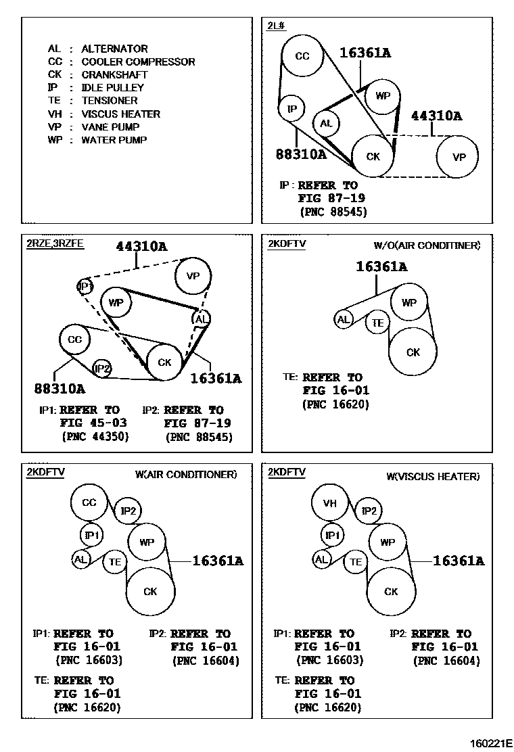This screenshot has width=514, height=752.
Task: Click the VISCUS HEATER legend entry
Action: tap(120, 114)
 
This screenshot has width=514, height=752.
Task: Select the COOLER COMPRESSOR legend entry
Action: tap(138, 62)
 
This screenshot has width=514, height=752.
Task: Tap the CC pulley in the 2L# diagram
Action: tap(302, 56)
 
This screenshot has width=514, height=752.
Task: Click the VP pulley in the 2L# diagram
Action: tap(459, 157)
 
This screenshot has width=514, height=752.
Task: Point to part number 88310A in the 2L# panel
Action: tap(301, 154)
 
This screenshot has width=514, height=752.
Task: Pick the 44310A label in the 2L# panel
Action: tap(436, 116)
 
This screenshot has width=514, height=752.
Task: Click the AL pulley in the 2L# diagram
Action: tap(326, 124)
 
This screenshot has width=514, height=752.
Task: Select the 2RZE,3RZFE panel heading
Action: tap(55, 243)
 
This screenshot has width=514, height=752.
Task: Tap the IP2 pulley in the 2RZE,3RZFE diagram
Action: tap(102, 369)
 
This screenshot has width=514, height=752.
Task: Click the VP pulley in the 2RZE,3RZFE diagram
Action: tap(193, 276)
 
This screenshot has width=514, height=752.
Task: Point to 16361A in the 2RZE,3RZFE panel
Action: tap(215, 379)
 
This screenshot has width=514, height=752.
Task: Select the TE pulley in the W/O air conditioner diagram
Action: tap(377, 323)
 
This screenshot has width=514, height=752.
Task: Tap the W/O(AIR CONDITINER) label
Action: tap(427, 245)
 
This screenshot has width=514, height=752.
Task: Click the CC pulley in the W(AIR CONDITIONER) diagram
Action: tap(90, 503)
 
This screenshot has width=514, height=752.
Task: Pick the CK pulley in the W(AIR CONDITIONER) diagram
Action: tap(150, 591)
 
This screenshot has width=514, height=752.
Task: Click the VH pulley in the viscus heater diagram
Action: tap(329, 503)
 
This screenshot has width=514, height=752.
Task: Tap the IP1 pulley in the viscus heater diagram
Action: tap(331, 536)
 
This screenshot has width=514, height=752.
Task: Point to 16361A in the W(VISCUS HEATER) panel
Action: tap(458, 561)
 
